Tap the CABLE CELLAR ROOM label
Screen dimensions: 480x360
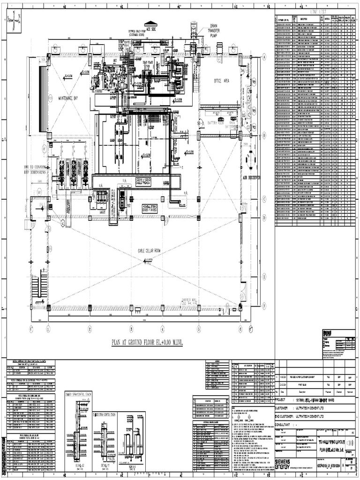tap(149, 251)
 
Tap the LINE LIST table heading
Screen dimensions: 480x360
tap(314, 10)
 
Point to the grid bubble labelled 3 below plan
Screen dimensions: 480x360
tap(131, 329)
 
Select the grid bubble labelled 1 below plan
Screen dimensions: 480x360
tap(48, 329)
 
